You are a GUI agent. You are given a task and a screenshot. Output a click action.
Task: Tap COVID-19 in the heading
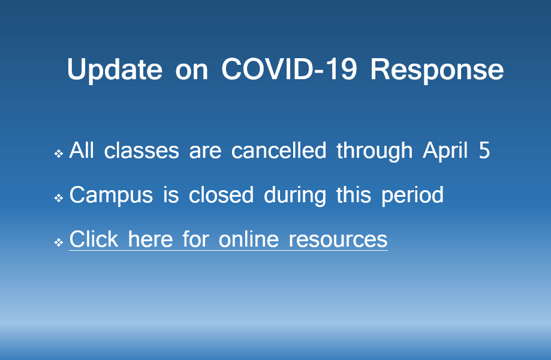coord(289,68)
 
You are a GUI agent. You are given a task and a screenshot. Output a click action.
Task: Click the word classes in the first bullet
coord(141,151)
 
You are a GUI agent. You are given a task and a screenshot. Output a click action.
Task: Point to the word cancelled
coord(279,151)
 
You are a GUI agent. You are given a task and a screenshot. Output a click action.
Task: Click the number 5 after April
coord(484,151)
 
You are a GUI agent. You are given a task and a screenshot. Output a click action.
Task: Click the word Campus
coord(111,196)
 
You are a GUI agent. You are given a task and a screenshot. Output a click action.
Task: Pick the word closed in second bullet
coord(221,195)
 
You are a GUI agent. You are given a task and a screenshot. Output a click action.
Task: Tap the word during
coord(295,196)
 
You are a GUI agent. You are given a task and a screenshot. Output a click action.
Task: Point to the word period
coord(413,196)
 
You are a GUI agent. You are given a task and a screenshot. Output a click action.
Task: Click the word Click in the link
coord(94,239)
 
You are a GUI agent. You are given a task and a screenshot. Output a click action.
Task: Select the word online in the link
coord(248,239)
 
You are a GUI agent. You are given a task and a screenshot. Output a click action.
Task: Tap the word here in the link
coord(150,239)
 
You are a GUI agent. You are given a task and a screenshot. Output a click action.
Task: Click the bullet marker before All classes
coord(59,154)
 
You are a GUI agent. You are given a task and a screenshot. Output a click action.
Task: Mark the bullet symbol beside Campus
coord(59,198)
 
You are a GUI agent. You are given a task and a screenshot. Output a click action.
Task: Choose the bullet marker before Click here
coord(59,242)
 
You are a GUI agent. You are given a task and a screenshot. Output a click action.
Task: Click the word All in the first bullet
coord(82,151)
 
